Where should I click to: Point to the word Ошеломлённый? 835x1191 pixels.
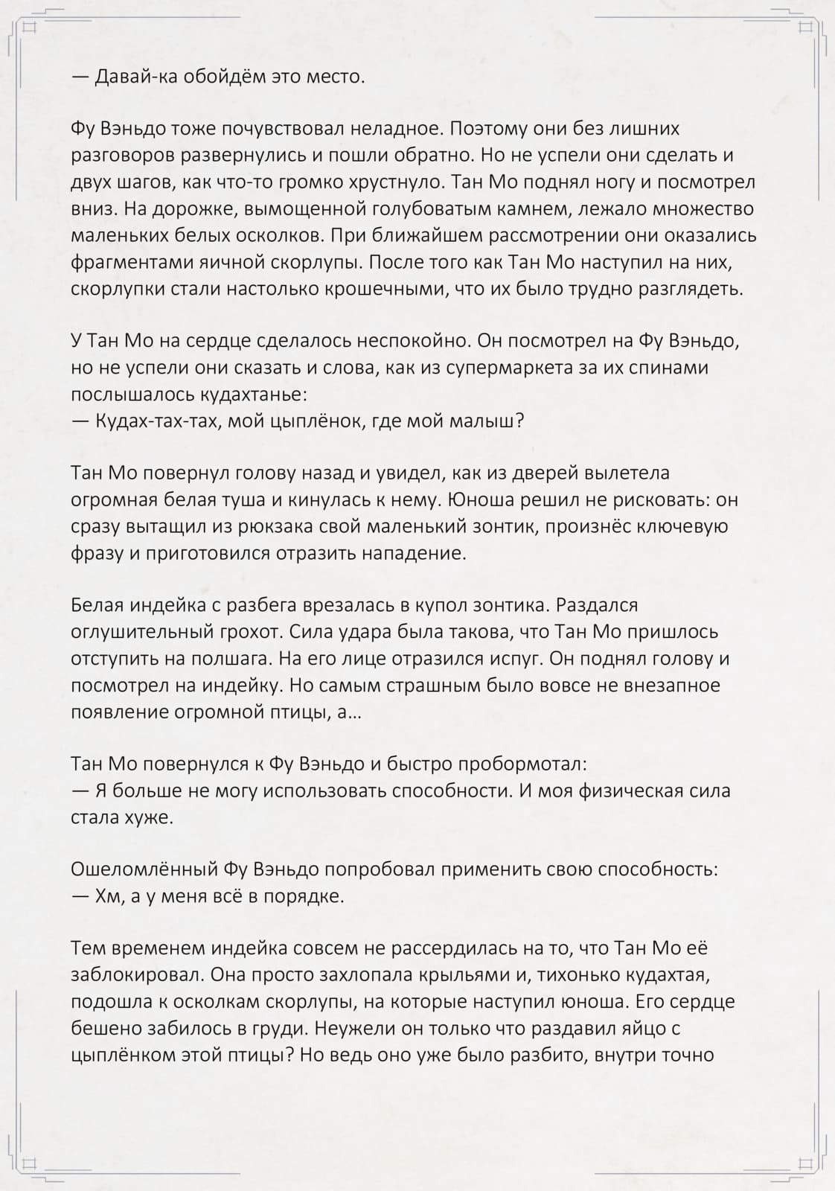coord(144,869)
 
